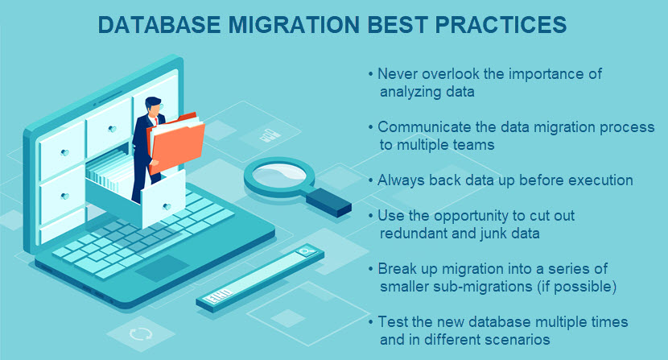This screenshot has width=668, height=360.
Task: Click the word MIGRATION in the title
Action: pos(295,25)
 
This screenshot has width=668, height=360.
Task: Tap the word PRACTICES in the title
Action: pos(501,25)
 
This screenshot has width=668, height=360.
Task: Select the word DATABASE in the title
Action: pos(159,25)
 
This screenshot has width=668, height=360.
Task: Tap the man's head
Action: pos(154,106)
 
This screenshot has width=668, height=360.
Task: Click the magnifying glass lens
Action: pos(279,176)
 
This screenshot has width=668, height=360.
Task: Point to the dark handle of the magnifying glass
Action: pos(328,202)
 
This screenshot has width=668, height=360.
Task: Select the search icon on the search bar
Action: pos(306,251)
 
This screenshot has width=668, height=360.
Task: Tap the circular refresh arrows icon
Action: pos(140,333)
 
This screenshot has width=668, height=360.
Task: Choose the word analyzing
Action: pos(408,92)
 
